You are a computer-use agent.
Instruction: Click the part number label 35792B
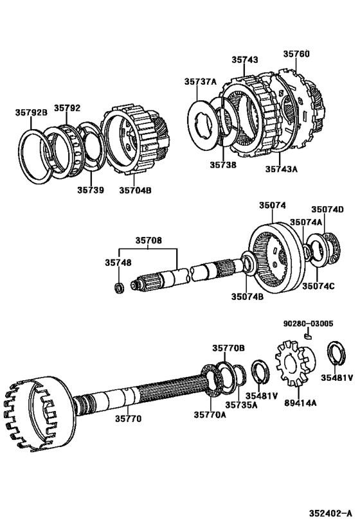(x=31, y=112)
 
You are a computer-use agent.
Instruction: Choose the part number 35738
(x=222, y=164)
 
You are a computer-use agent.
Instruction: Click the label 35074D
(x=327, y=209)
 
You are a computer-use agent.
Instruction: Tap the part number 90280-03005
(x=308, y=324)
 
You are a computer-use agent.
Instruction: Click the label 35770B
(x=228, y=347)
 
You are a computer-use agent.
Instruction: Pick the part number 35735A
(x=240, y=405)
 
